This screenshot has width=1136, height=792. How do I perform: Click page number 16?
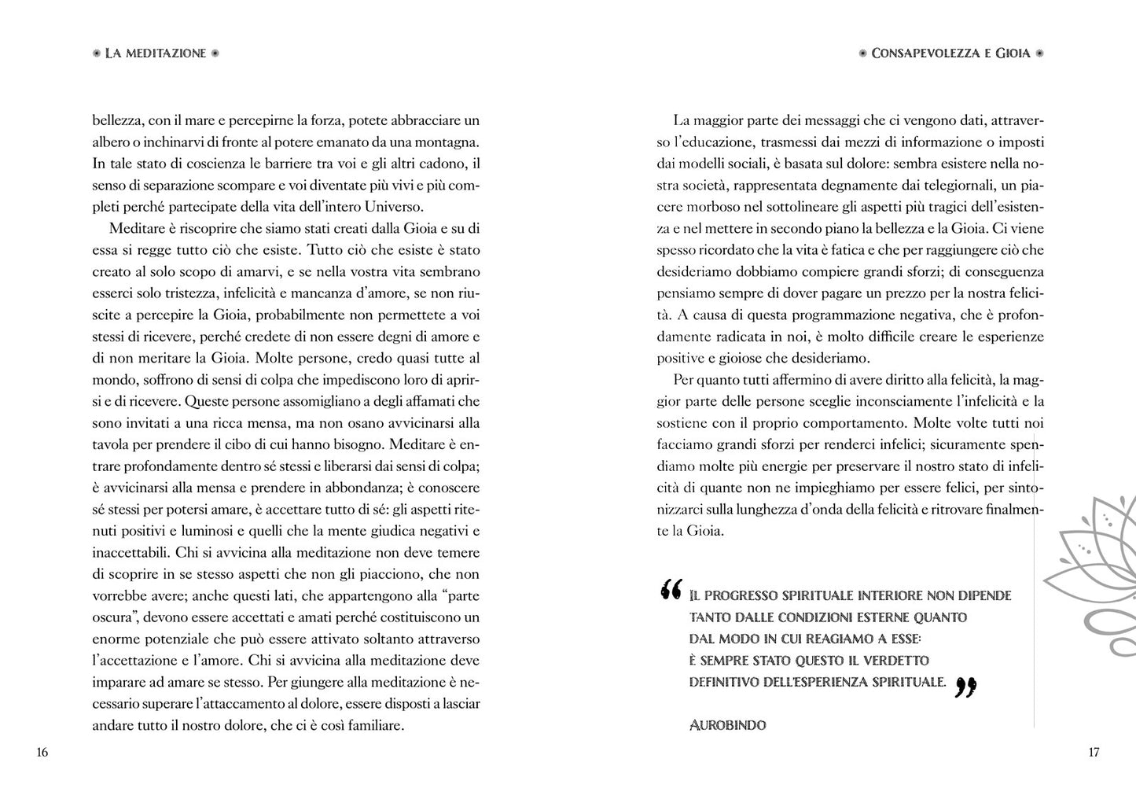click(42, 753)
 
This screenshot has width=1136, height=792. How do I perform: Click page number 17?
click(1094, 753)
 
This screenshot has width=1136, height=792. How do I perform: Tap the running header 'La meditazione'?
click(156, 53)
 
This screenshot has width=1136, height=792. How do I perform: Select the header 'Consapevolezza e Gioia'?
click(950, 53)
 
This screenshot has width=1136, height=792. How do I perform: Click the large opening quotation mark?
click(671, 590)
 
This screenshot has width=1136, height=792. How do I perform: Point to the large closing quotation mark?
click(965, 688)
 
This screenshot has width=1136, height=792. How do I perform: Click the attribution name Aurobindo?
click(727, 725)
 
